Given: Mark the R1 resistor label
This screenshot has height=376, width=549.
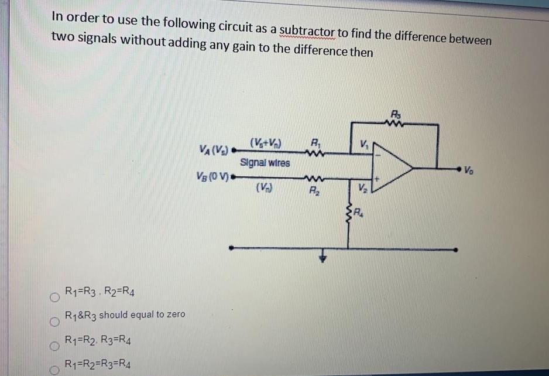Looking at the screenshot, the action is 316,141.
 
